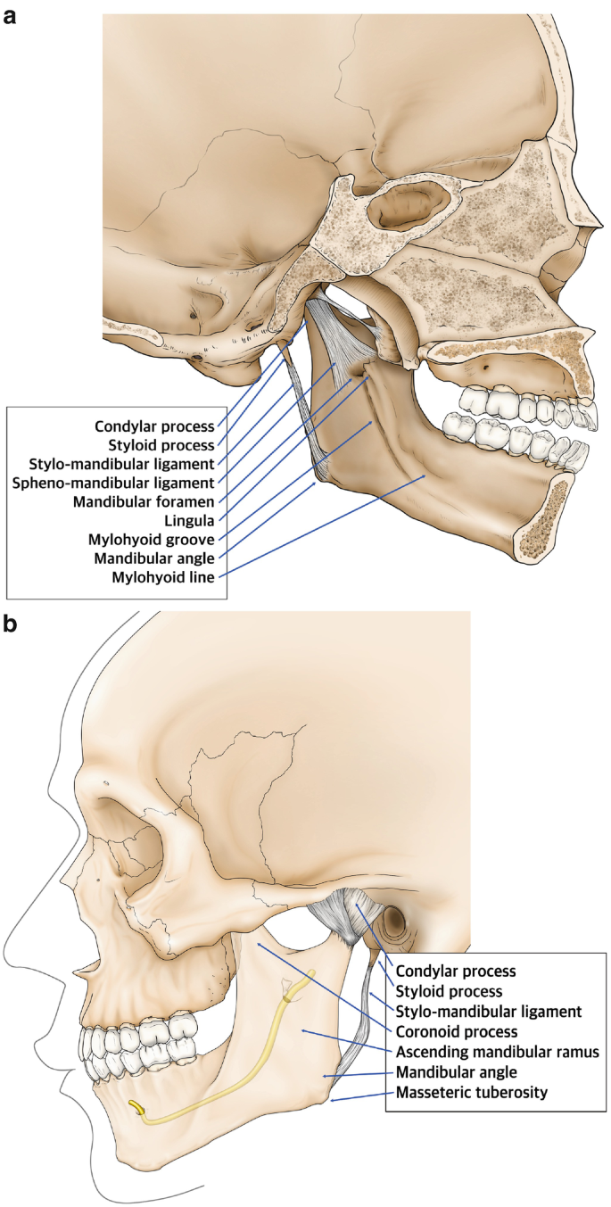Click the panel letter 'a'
click(x=12, y=16)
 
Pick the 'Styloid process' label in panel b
click(x=449, y=991)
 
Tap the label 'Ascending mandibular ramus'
click(x=497, y=1053)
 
